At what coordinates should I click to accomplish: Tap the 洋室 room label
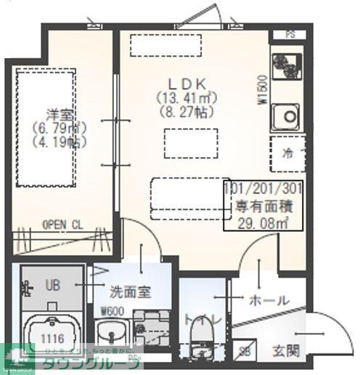pyautogui.click(x=57, y=114)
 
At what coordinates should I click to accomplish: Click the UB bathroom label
pyautogui.click(x=53, y=284)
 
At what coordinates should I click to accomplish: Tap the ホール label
pyautogui.click(x=269, y=299)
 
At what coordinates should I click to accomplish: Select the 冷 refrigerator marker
pyautogui.click(x=287, y=153)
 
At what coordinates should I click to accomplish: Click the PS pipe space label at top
pyautogui.click(x=290, y=33)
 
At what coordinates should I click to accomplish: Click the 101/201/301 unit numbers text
pyautogui.click(x=263, y=188)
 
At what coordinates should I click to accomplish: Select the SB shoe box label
pyautogui.click(x=245, y=352)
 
